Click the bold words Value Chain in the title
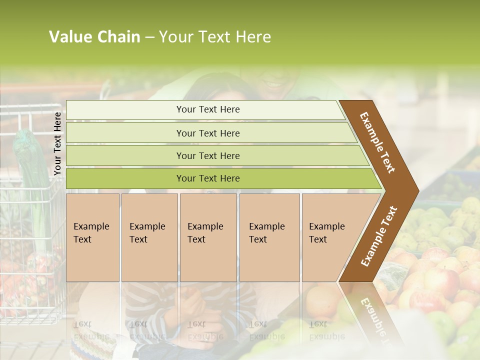(94, 37)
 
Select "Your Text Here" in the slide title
(215, 37)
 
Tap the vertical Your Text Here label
(57, 143)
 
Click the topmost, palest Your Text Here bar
(207, 109)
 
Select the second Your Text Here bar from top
(207, 133)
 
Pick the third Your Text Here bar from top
(207, 155)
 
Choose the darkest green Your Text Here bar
(207, 178)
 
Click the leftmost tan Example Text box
(92, 237)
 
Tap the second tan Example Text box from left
(149, 237)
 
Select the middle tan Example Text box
(208, 237)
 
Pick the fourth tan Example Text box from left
(269, 237)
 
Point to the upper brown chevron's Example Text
(377, 142)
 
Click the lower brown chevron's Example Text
(379, 236)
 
